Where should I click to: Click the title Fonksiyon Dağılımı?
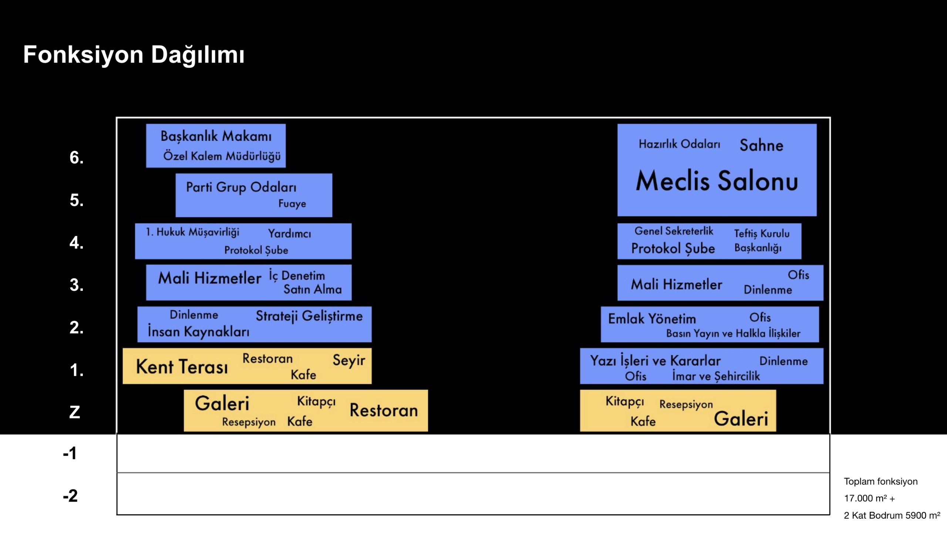134,55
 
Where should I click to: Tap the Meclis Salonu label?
717,181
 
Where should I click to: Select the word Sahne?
761,145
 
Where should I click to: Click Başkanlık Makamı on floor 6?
216,136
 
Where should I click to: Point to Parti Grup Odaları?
241,187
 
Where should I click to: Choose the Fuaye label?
292,203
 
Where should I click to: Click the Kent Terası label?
182,367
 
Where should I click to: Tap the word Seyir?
349,360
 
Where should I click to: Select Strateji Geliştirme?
309,316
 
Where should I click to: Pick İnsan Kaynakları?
198,332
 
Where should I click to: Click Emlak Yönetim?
651,319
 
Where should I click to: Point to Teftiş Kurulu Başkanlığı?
761,241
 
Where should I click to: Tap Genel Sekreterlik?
673,231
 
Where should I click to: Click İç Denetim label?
297,276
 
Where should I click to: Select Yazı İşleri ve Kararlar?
656,361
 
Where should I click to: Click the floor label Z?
75,412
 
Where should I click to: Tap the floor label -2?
70,496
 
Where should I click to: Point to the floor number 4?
76,243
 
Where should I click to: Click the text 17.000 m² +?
869,498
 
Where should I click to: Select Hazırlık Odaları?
679,144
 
